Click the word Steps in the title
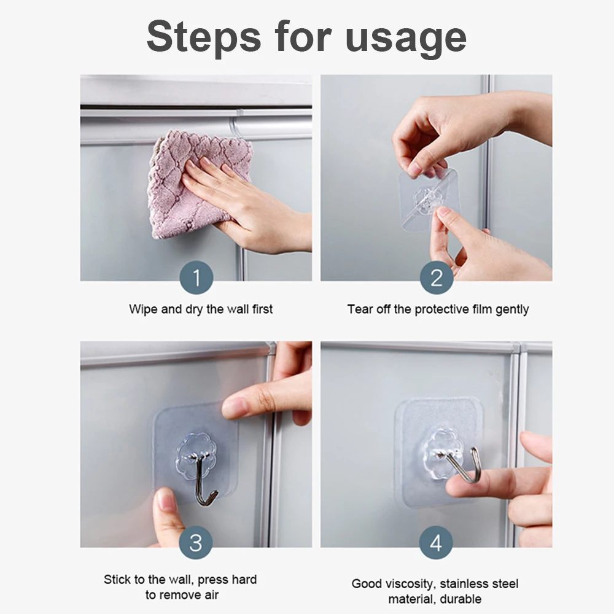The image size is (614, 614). (203, 37)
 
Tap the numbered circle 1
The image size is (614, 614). (196, 278)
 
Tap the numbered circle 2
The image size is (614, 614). (436, 278)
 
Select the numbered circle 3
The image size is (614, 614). (196, 542)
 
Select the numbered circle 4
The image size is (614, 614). (436, 543)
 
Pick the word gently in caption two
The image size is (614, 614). (511, 309)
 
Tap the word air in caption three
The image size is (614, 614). (209, 594)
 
